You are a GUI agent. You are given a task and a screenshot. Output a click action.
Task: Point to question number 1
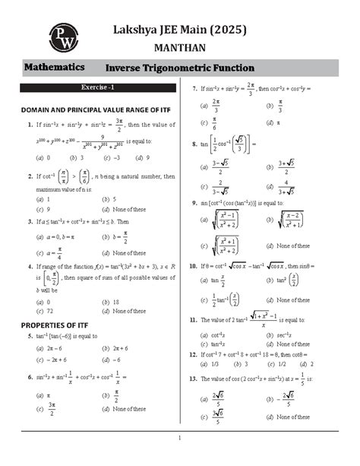click(28, 125)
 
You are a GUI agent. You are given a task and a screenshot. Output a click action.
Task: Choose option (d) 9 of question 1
click(135, 157)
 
